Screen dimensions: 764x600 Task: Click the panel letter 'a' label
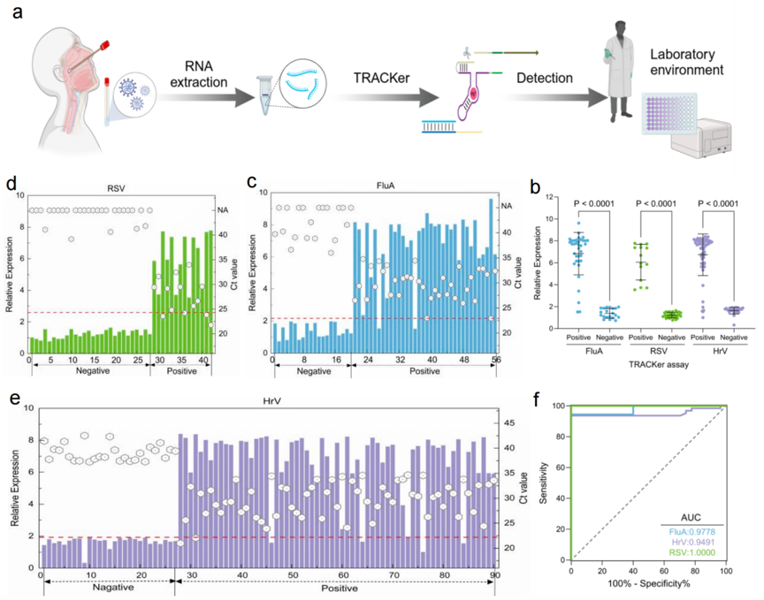18,11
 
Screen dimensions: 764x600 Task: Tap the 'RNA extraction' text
199,74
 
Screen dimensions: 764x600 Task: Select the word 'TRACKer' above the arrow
381,78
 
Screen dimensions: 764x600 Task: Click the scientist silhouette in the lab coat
618,72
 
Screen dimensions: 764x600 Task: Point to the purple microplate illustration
669,113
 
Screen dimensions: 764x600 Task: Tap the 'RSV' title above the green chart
116,188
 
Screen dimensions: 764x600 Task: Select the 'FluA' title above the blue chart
386,186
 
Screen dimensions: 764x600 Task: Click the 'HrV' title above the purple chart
271,401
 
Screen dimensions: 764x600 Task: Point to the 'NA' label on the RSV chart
223,210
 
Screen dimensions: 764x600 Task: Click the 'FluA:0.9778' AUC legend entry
691,532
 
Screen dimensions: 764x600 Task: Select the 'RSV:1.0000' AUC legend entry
691,553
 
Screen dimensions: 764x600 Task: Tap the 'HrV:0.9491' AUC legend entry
691,543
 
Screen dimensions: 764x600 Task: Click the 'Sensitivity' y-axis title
544,482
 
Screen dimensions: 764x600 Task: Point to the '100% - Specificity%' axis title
648,583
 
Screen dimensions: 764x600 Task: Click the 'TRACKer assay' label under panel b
659,364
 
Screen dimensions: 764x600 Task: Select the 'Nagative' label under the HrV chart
113,588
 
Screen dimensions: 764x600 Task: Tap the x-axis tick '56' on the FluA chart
496,360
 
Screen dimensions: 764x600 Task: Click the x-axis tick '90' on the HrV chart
495,575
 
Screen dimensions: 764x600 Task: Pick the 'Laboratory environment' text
686,62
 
